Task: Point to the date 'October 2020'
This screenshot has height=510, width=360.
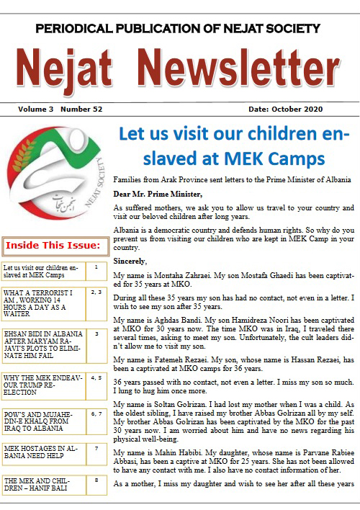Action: [317, 109]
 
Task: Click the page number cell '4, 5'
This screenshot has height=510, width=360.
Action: [96, 377]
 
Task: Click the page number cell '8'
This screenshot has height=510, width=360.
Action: [96, 480]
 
